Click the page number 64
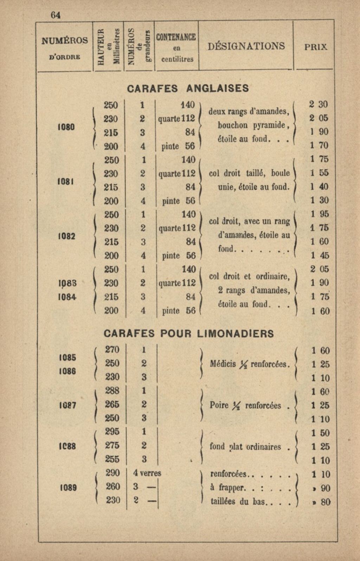(56, 15)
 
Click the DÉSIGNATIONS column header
(246, 46)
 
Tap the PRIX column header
(316, 47)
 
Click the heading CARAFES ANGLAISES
(187, 88)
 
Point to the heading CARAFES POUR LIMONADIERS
(188, 333)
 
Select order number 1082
(66, 236)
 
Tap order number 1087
(68, 405)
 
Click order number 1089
(68, 487)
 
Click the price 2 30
(318, 104)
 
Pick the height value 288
(112, 391)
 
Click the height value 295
(112, 431)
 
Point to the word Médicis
(223, 364)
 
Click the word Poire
(219, 405)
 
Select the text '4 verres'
(147, 473)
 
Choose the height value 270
(112, 350)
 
